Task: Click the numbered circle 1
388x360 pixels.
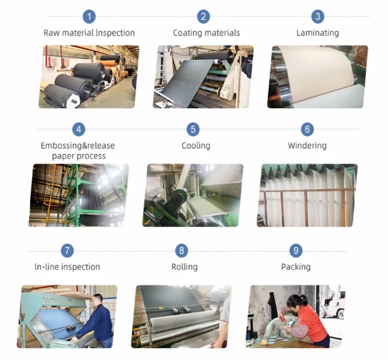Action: coord(89,17)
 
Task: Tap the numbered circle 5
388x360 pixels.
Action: coord(193,130)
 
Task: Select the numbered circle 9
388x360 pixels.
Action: coord(296,251)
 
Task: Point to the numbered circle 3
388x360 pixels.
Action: coord(318,17)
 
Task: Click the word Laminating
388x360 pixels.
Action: coord(318,33)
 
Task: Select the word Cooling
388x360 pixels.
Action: coord(196,145)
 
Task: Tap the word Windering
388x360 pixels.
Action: coord(307,145)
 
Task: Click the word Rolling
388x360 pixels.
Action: coord(185,266)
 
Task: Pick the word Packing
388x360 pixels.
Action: coord(296,266)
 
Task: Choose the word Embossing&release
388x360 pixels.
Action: coord(78,145)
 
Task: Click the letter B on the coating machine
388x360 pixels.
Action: coord(226,88)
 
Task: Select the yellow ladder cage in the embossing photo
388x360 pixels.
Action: coord(54,193)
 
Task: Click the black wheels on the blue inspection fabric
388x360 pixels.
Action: coord(71,329)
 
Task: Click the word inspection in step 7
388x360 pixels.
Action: coord(80,266)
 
